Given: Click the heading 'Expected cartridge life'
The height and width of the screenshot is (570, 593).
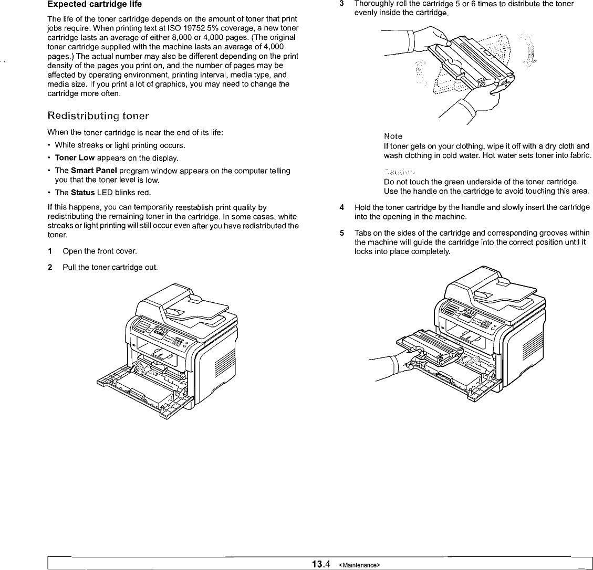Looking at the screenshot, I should pyautogui.click(x=95, y=5).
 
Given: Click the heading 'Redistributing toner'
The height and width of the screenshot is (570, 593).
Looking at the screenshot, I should pyautogui.click(x=98, y=115).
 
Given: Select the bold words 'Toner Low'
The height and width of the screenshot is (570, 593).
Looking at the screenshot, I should pyautogui.click(x=74, y=158).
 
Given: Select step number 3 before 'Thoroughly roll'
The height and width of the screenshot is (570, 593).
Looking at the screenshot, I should pyautogui.click(x=342, y=4).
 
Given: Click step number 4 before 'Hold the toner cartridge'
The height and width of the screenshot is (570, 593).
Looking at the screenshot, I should pyautogui.click(x=342, y=207).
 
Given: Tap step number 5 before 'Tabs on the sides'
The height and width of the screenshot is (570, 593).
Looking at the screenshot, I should pyautogui.click(x=342, y=233).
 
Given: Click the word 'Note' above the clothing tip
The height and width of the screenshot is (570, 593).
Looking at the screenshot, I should pyautogui.click(x=393, y=136).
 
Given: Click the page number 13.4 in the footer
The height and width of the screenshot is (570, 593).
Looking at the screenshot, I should pyautogui.click(x=320, y=564).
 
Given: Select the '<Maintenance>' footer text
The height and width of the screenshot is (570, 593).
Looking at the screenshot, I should pyautogui.click(x=359, y=565).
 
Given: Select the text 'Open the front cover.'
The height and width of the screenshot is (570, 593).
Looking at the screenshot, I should pyautogui.click(x=96, y=251).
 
